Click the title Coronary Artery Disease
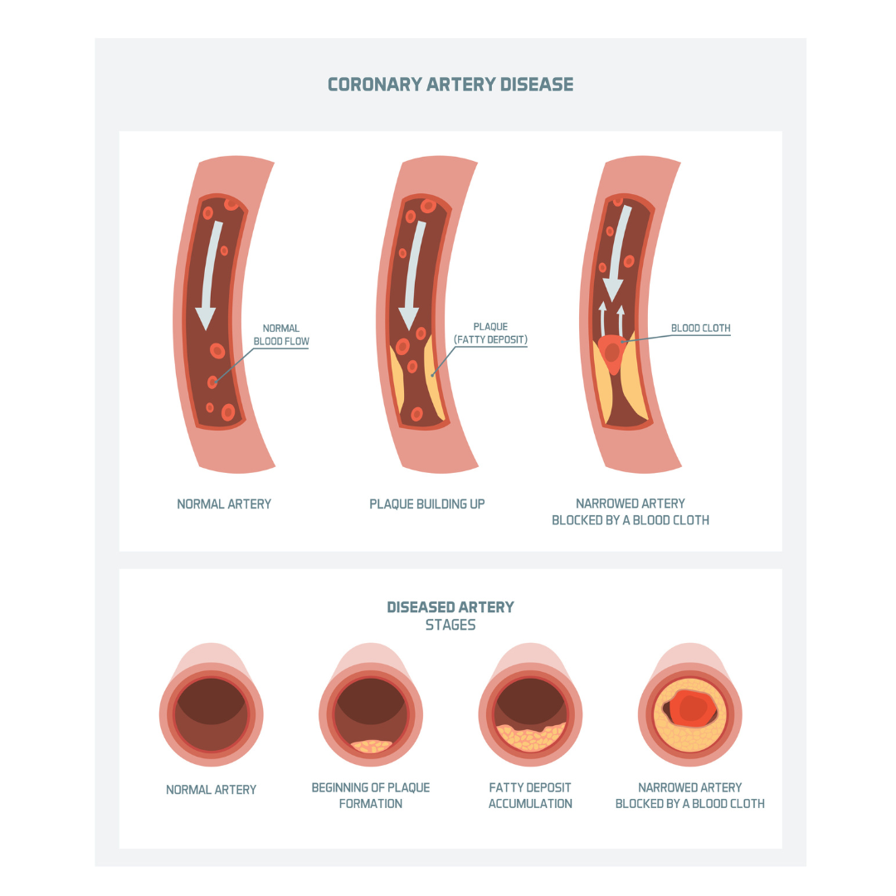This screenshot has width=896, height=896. point(450,85)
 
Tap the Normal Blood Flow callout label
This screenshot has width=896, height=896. point(281,335)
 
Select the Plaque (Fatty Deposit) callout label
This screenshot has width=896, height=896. point(490,334)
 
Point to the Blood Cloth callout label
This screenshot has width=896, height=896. point(700,328)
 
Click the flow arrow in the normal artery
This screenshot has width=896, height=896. point(208,275)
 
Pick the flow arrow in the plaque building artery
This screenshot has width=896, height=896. point(412,275)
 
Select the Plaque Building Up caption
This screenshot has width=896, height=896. point(427,504)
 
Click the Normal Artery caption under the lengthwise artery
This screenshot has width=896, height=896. point(224,504)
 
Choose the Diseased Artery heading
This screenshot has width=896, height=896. point(450,606)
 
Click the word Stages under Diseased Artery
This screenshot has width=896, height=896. point(450,625)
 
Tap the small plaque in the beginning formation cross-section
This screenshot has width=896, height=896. point(372,747)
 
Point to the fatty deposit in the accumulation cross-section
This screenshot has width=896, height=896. point(531,738)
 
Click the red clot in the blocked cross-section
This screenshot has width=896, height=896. point(691,708)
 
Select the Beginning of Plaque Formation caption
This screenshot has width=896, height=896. point(370,796)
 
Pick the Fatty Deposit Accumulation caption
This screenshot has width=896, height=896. point(530,796)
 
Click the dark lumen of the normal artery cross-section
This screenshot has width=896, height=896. point(212,714)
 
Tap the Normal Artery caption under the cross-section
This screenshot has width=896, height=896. point(211,790)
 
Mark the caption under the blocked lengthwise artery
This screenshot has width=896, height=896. point(631,512)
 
